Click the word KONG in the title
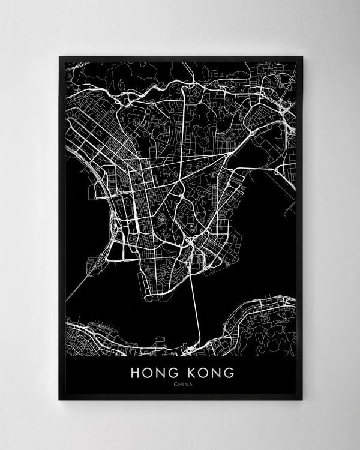tap(209, 373)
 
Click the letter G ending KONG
tap(229, 373)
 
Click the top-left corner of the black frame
tap(59, 57)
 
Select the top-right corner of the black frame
tap(302, 57)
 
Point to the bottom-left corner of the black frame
tap(59, 399)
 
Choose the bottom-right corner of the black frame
tap(302, 399)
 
